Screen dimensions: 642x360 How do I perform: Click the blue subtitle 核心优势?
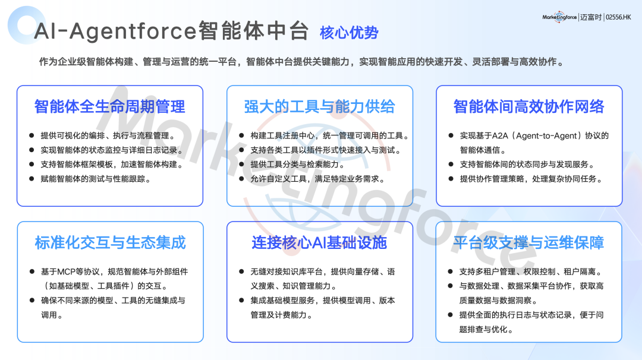click(x=349, y=33)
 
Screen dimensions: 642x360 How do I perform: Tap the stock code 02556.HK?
click(x=618, y=17)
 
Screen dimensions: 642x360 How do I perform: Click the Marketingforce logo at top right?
click(x=559, y=17)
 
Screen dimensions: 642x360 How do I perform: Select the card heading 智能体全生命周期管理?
click(x=110, y=107)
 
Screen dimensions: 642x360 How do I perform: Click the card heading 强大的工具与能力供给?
click(x=319, y=107)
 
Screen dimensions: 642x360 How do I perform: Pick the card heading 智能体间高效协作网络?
click(x=529, y=107)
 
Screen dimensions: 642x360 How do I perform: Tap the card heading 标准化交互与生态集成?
click(x=110, y=242)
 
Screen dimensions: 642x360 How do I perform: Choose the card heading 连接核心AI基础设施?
click(x=319, y=242)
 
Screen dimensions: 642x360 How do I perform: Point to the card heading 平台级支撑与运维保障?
click(x=528, y=242)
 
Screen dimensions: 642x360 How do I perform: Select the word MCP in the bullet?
click(x=66, y=271)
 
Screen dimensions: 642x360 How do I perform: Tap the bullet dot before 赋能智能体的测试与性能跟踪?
click(x=32, y=179)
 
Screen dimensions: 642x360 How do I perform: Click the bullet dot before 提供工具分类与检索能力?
click(x=241, y=165)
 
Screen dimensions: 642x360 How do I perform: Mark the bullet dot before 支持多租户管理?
click(x=451, y=271)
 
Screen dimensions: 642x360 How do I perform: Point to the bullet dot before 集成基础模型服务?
click(x=241, y=300)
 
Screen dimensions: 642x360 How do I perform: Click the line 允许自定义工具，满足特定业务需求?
click(x=317, y=179)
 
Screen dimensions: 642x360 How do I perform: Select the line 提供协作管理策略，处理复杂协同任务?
click(x=531, y=179)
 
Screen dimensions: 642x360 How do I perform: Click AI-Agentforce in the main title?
click(x=115, y=31)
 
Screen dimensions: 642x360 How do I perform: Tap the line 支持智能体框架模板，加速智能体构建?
click(x=112, y=165)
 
